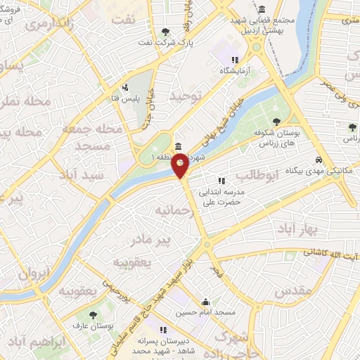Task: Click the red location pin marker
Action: point(181,167)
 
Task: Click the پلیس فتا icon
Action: point(124,88)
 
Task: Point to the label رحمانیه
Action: point(174,210)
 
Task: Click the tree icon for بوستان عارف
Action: point(93,314)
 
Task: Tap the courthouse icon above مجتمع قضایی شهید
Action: point(262,10)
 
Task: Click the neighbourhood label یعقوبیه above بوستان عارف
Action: point(77,290)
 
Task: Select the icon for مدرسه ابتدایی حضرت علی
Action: point(222,181)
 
